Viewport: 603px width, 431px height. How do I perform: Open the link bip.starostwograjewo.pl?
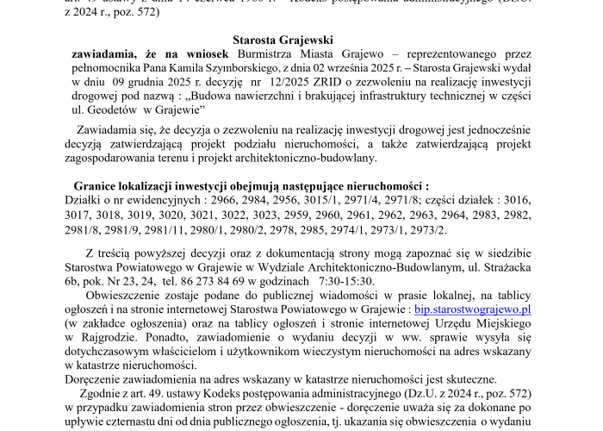472,308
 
